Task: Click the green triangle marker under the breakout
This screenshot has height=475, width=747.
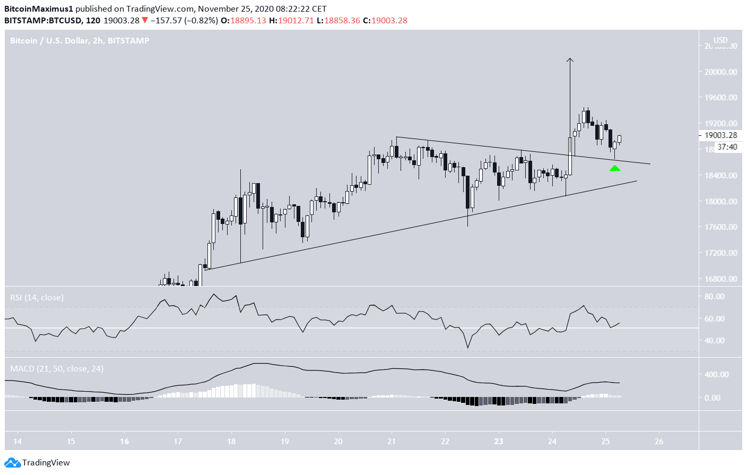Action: [x=614, y=168]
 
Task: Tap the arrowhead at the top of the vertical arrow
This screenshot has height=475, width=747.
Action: [x=570, y=60]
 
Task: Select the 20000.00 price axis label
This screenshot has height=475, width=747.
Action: [x=720, y=72]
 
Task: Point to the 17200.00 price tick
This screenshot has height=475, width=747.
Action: [x=720, y=253]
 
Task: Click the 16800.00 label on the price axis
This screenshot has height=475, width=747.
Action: [x=720, y=279]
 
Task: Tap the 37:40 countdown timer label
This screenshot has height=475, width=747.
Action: [x=727, y=147]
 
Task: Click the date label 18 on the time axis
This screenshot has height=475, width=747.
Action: [x=231, y=441]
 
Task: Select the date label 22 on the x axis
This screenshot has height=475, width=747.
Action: [x=445, y=441]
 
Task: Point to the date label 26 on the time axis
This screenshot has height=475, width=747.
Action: [x=659, y=441]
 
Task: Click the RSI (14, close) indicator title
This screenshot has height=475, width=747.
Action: [x=37, y=298]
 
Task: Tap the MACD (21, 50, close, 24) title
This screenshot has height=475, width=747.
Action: [x=57, y=368]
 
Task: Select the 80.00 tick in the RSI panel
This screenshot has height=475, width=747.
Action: [x=714, y=296]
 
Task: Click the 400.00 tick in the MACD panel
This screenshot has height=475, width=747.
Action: [x=716, y=374]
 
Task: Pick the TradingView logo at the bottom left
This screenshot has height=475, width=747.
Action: [x=38, y=463]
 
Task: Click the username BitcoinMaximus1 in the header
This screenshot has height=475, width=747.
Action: [x=39, y=9]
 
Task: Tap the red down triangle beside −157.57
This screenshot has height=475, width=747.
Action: [x=144, y=21]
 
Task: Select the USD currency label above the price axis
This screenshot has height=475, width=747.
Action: [x=720, y=40]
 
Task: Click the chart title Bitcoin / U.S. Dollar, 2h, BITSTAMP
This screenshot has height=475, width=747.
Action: [x=80, y=41]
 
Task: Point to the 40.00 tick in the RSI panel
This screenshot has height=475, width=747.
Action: [x=714, y=340]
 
